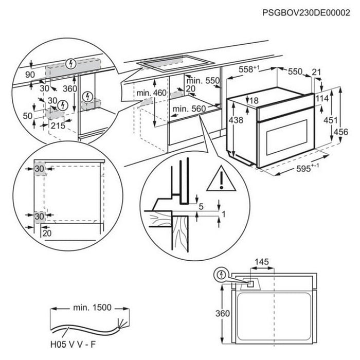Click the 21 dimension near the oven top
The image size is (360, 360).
[316, 73]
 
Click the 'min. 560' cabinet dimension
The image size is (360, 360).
[189, 109]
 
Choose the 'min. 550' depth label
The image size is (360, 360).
[203, 81]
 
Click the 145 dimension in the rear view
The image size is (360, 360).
[262, 262]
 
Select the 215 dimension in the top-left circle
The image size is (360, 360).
[59, 125]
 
